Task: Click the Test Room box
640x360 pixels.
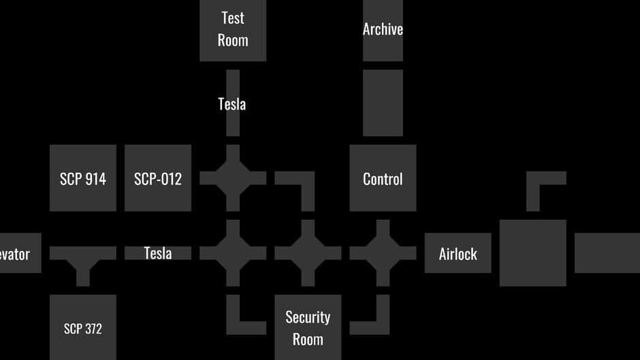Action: [x=233, y=29]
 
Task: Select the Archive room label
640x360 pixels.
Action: [x=383, y=29]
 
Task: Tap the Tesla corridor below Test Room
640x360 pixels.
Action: [x=232, y=103]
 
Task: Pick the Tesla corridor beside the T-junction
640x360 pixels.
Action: [x=158, y=253]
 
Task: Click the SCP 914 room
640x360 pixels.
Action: [x=83, y=178]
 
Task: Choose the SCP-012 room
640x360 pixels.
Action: [x=158, y=178]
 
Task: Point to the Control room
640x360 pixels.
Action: [x=383, y=178]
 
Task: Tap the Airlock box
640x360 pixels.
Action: [x=458, y=253]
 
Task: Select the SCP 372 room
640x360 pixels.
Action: [x=83, y=327]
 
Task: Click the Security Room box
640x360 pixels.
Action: [x=308, y=327]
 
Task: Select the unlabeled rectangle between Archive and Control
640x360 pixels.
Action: [x=383, y=103]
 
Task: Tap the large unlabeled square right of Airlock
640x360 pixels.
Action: [x=532, y=252]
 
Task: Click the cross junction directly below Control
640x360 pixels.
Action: [x=383, y=253]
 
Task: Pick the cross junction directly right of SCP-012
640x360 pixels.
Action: [x=233, y=178]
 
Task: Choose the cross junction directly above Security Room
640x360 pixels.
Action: [x=308, y=253]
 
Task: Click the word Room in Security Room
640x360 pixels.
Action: [x=308, y=339]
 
